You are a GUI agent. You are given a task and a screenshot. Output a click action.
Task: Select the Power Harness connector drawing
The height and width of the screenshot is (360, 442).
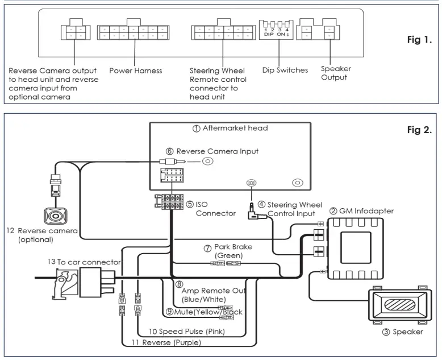coord(132,32)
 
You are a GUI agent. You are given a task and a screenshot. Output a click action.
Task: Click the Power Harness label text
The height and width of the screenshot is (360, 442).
coord(136,71)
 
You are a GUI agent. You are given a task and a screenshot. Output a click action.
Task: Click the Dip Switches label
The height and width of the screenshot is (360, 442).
coord(285,71)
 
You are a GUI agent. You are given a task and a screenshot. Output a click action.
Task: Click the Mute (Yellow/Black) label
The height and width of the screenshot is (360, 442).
coord(206,312)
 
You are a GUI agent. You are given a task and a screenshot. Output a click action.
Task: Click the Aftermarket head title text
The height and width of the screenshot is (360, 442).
coord(231,129)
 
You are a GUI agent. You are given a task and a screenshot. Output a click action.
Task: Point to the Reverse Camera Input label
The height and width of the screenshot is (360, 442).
coord(212,151)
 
